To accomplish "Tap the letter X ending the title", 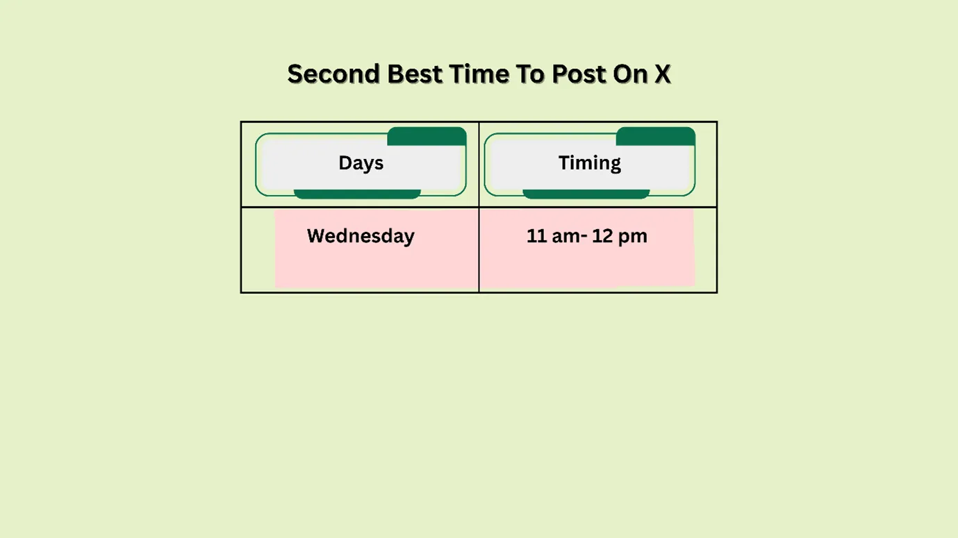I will (x=662, y=74).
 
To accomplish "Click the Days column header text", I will (x=361, y=163).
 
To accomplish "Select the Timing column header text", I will (x=589, y=163).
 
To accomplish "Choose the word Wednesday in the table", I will (x=361, y=236).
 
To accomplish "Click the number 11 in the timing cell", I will (x=537, y=236).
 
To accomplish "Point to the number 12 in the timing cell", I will (x=602, y=236).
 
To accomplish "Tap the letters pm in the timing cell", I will (x=632, y=237).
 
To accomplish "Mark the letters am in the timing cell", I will (x=565, y=236).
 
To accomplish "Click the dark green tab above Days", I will (x=426, y=136).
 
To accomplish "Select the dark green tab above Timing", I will (x=655, y=136).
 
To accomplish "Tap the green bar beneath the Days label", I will (x=357, y=194).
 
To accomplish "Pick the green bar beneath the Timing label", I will (x=586, y=194).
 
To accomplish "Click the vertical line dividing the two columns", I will (x=479, y=250).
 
